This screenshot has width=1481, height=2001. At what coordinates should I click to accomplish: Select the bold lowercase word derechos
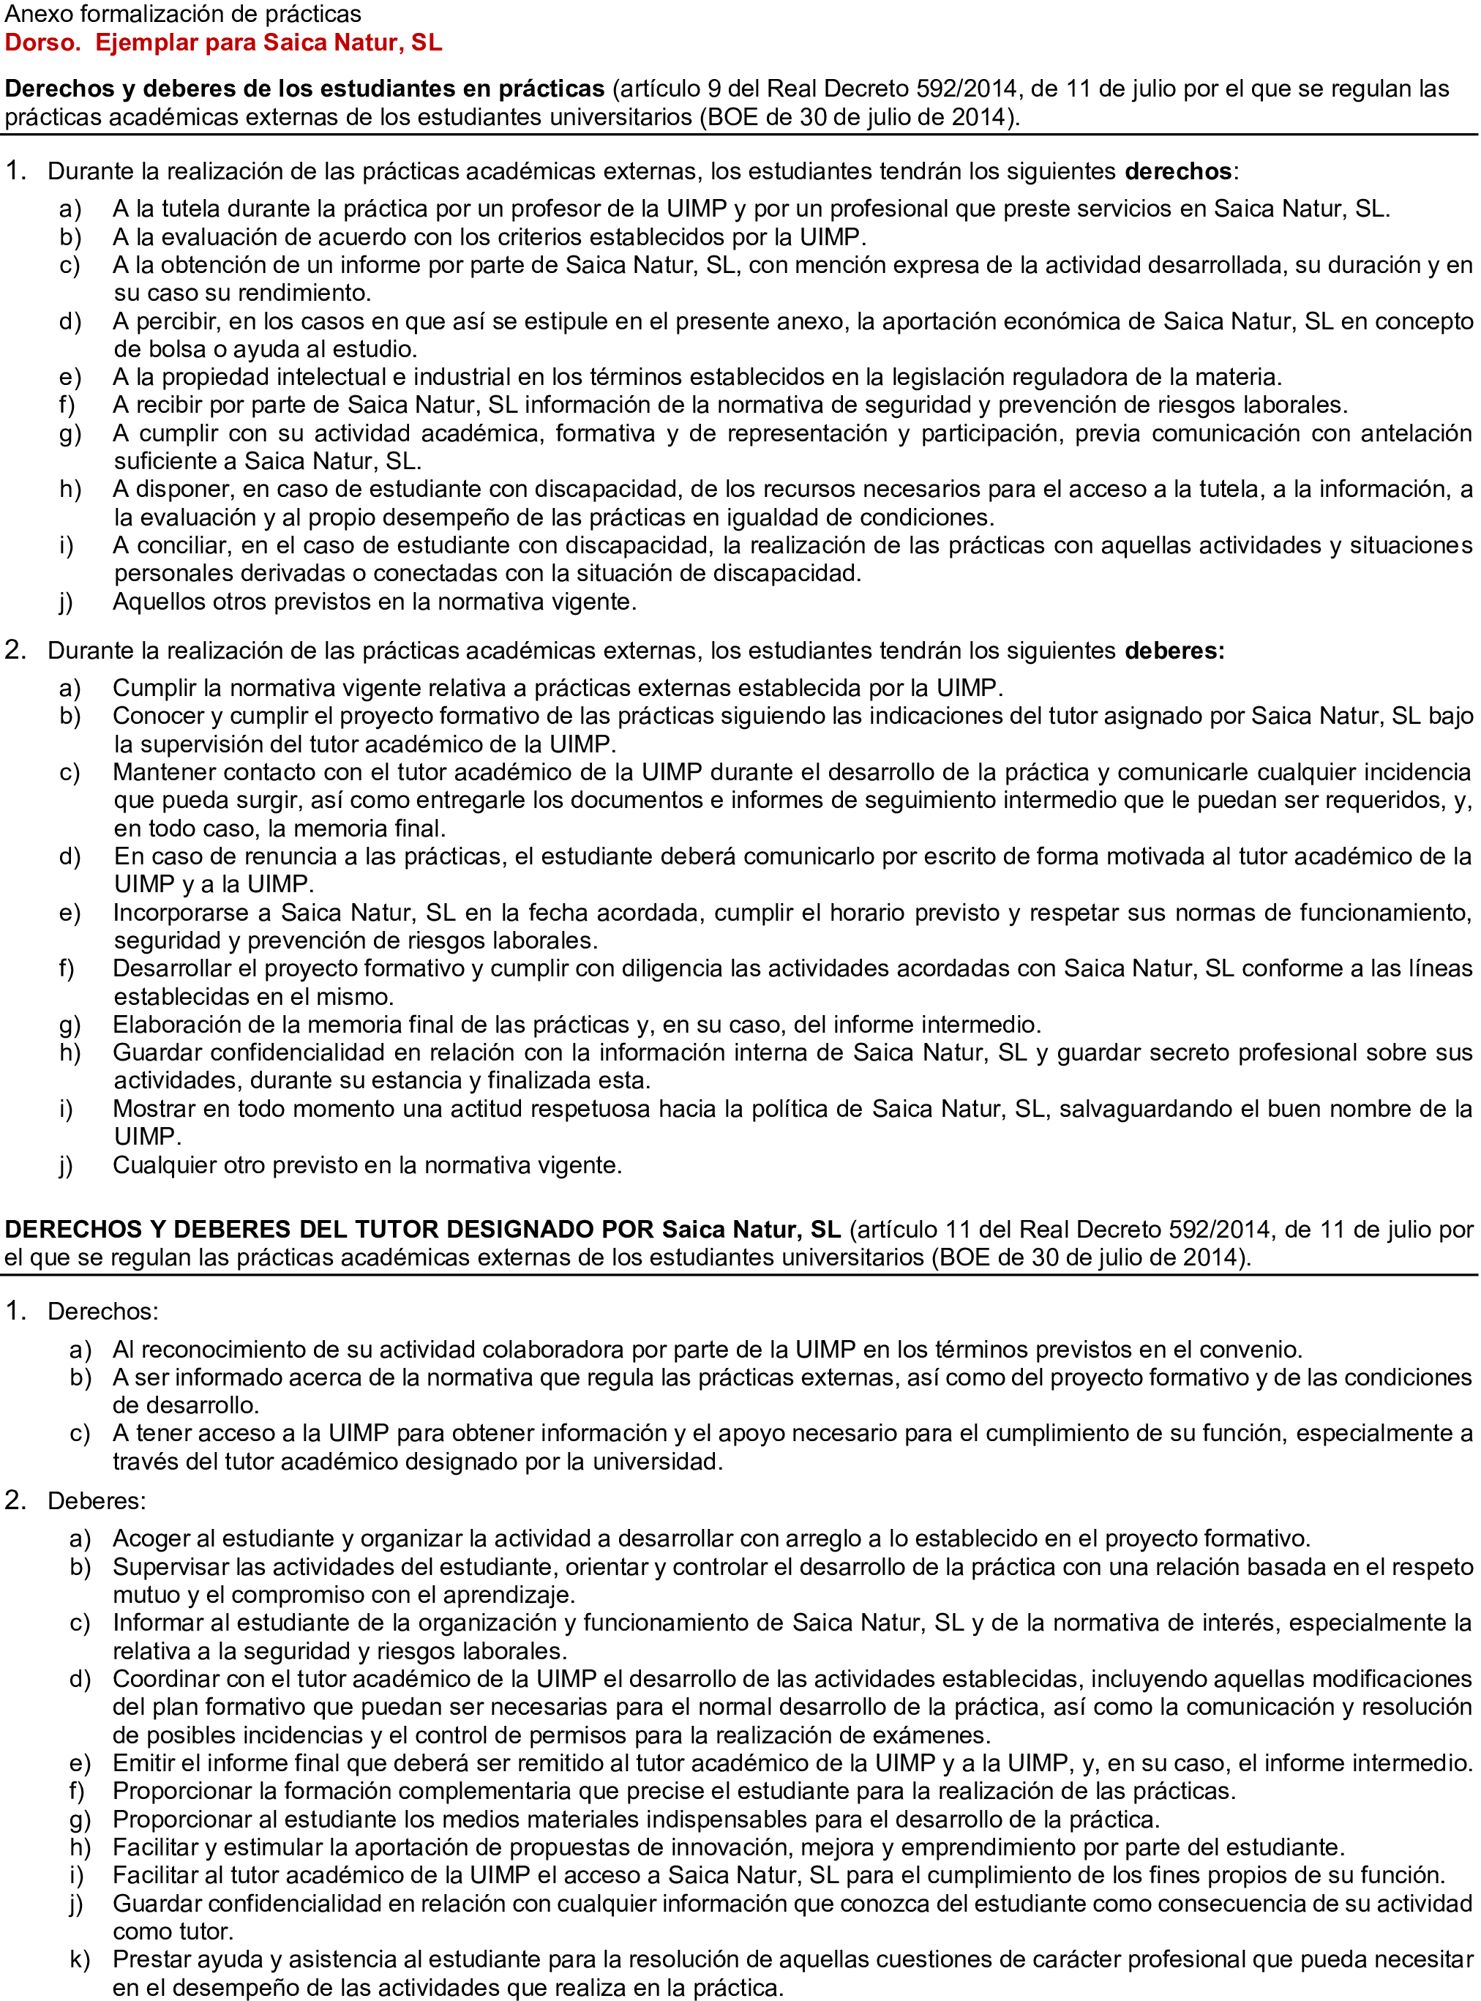1178,171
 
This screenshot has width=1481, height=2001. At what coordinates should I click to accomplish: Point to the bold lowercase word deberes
1174,651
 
